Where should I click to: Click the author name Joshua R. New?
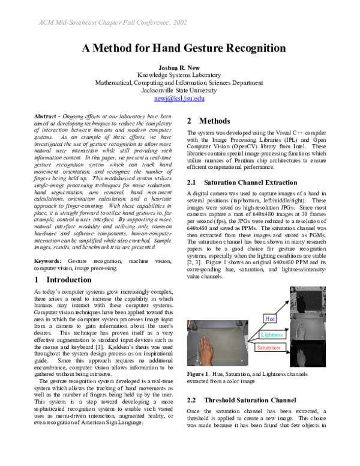(x=180, y=67)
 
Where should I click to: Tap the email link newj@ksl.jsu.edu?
(x=180, y=98)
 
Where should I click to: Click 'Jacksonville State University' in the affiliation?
(x=180, y=90)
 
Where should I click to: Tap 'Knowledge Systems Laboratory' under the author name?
(x=180, y=74)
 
